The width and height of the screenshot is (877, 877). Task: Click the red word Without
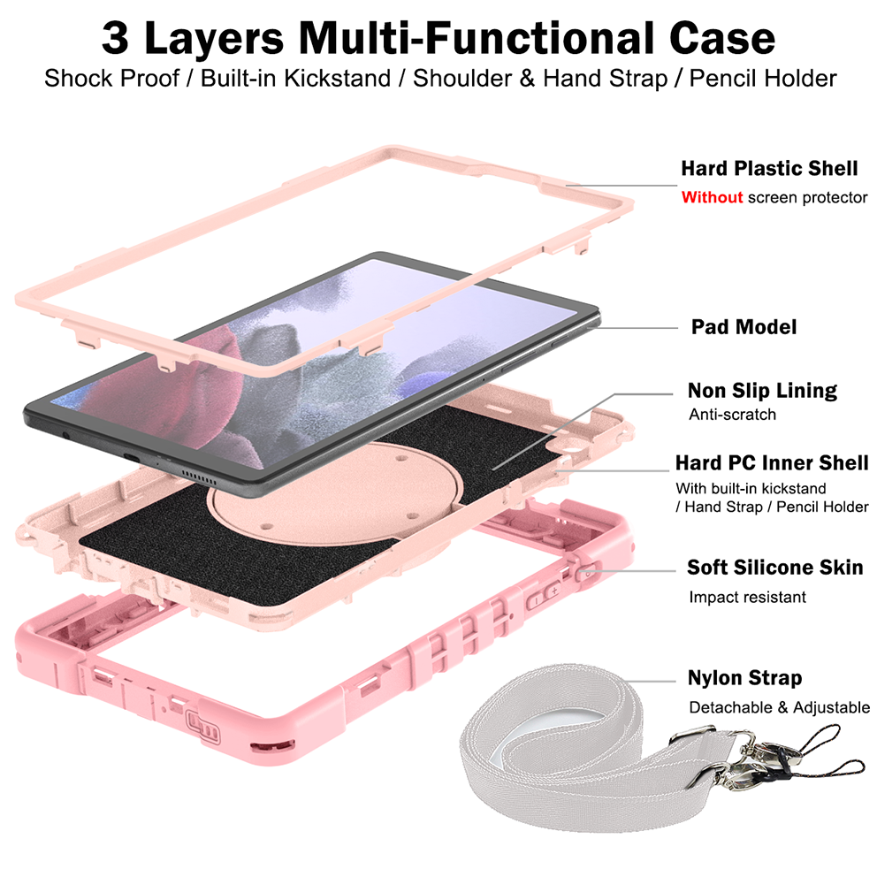[712, 197]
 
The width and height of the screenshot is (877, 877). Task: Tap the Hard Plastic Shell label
[769, 168]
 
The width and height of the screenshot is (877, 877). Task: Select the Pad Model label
[744, 326]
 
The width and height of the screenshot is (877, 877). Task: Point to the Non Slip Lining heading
[762, 390]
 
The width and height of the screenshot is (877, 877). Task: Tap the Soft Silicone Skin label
[774, 567]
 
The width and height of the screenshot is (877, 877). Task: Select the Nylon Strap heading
[744, 678]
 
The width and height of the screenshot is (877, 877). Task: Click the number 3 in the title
[118, 38]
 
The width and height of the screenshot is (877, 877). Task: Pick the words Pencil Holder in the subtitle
[763, 78]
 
